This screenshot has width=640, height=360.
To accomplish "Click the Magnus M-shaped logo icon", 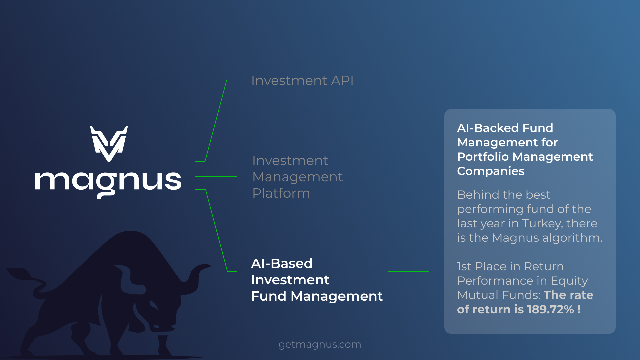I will click(x=109, y=144).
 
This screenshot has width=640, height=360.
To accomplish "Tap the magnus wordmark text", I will click(x=108, y=183).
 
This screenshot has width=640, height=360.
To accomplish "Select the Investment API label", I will click(x=302, y=81).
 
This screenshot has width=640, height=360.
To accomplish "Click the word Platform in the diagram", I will click(x=281, y=193).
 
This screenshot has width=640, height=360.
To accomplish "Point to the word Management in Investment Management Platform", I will click(x=297, y=177).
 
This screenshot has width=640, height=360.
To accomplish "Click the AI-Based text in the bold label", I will click(x=282, y=264).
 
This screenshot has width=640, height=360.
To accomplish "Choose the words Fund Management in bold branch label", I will click(x=317, y=296).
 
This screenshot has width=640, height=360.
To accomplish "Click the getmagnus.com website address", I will click(x=320, y=344).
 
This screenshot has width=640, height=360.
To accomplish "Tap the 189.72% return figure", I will click(x=550, y=310).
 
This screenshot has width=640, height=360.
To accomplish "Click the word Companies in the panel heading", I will click(x=491, y=171).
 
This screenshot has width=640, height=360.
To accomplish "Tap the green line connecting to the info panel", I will click(x=408, y=271).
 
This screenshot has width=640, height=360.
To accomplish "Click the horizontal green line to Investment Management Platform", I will click(x=216, y=177).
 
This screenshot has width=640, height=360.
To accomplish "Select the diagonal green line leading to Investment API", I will click(x=216, y=121).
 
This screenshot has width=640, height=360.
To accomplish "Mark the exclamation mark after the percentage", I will click(x=579, y=310).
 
